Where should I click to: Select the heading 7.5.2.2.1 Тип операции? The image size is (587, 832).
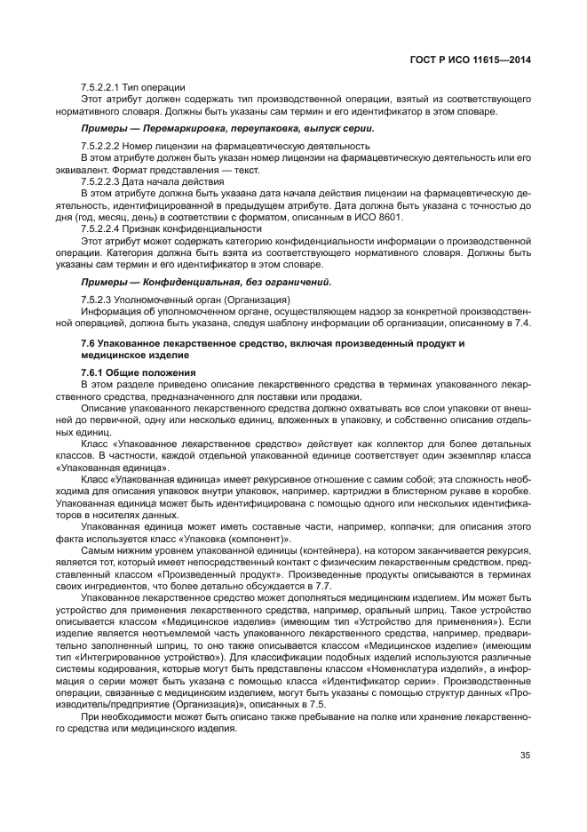click(x=132, y=86)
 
